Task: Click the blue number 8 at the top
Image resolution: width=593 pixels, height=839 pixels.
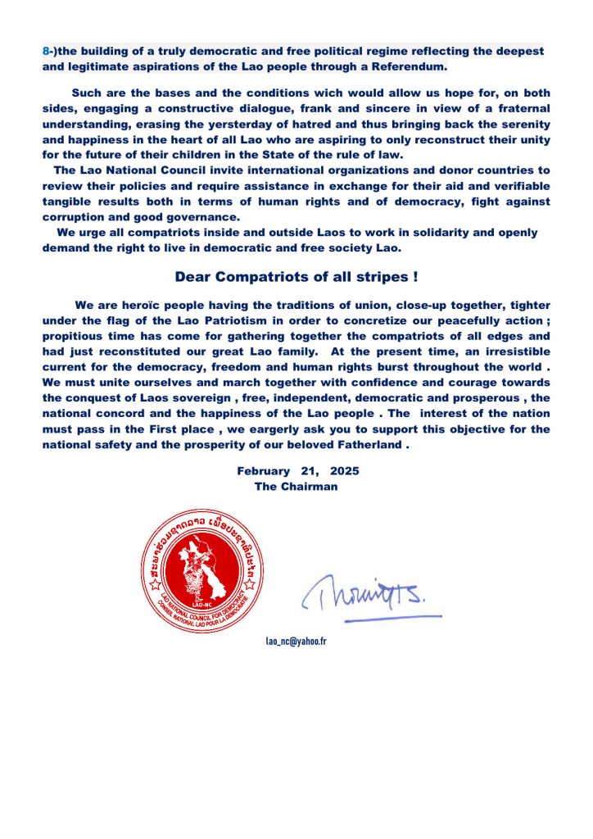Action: point(46,51)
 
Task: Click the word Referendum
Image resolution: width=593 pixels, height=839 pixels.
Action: point(410,66)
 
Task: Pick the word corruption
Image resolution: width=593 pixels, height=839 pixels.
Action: point(75,216)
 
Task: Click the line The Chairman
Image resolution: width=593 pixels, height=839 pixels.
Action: point(296,486)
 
